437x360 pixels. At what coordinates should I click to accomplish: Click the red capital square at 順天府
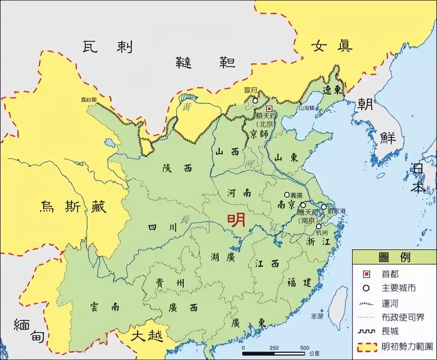click(x=269, y=108)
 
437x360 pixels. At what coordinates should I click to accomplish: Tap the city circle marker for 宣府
click(x=255, y=100)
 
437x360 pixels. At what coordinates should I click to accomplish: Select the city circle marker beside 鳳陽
click(x=287, y=194)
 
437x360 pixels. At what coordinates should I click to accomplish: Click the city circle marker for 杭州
click(x=319, y=226)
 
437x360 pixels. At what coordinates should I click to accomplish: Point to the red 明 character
click(x=236, y=221)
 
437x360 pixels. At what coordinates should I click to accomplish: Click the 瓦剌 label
click(x=107, y=47)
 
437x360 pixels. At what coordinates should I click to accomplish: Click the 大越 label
click(x=147, y=335)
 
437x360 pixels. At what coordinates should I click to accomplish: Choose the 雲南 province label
click(x=105, y=307)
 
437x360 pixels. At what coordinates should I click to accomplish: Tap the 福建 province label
click(x=300, y=282)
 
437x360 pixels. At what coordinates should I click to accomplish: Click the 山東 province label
click(x=286, y=157)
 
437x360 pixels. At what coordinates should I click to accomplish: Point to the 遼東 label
click(x=332, y=90)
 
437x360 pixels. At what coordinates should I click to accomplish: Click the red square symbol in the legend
click(x=366, y=274)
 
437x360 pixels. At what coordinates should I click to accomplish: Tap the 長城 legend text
click(x=390, y=331)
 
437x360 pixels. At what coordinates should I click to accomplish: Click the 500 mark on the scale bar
click(x=305, y=348)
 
